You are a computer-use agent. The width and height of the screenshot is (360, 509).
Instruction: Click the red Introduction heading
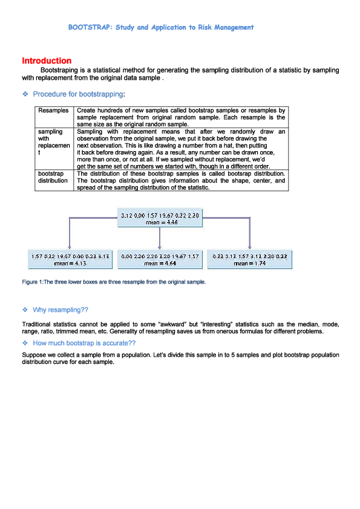click(47, 61)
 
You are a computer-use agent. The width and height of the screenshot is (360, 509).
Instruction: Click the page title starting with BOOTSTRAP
click(161, 27)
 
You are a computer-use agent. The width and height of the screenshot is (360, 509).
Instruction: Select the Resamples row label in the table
click(53, 111)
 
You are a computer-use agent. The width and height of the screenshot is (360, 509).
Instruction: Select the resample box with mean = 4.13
click(70, 260)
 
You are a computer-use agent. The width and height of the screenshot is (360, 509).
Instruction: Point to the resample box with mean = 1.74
click(249, 260)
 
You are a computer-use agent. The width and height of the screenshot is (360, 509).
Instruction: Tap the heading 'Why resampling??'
click(61, 310)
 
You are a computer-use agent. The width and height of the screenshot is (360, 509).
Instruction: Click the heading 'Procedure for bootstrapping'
click(79, 94)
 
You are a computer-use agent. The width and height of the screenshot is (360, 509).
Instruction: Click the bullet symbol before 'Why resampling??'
click(25, 310)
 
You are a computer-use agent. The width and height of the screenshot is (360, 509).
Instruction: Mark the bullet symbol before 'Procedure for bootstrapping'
click(25, 94)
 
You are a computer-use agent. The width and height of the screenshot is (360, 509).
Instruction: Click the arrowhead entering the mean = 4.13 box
click(70, 248)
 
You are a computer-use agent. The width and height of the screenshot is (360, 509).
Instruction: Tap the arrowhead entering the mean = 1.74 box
click(249, 248)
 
